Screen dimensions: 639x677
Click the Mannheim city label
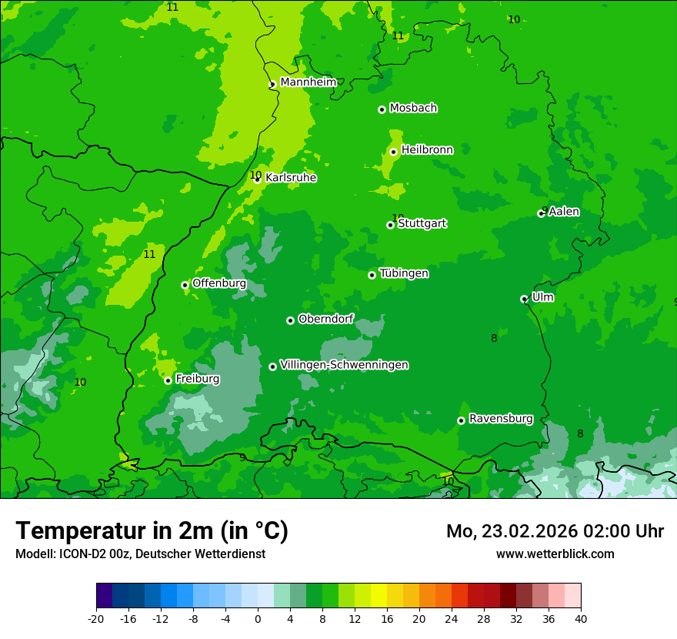click(308, 82)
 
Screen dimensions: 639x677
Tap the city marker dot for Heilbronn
click(393, 152)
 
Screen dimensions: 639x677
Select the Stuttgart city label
click(422, 224)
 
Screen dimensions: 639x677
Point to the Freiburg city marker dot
click(168, 380)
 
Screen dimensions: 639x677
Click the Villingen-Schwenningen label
click(344, 365)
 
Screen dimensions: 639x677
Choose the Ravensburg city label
click(501, 419)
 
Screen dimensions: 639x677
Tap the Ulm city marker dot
click(524, 299)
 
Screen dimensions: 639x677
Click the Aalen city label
click(564, 212)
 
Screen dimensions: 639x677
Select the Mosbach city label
click(413, 109)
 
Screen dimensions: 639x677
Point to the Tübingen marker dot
click(372, 275)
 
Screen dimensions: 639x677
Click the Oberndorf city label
click(325, 319)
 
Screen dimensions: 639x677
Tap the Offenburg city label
click(219, 283)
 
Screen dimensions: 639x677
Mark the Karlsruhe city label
click(291, 178)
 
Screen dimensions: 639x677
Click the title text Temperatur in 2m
click(152, 530)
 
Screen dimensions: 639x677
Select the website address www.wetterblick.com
click(555, 554)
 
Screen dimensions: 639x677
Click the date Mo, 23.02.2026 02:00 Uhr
click(555, 531)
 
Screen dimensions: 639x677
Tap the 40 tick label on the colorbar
click(580, 618)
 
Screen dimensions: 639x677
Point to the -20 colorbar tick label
click(96, 618)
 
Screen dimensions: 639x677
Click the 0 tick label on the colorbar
click(258, 618)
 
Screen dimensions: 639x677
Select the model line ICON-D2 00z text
click(140, 554)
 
